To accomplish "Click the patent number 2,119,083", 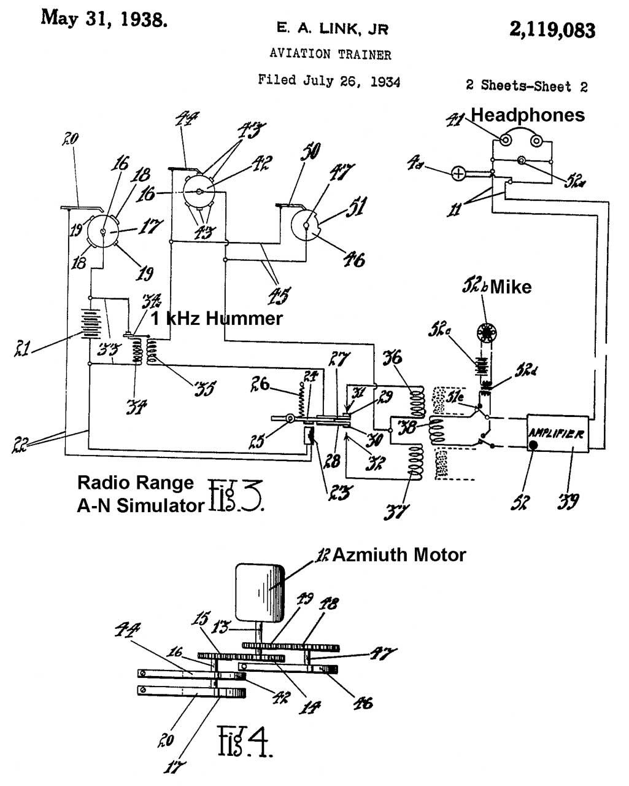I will [x=552, y=29].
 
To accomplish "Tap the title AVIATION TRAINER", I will [x=330, y=55].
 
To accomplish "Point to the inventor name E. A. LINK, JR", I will [x=332, y=29].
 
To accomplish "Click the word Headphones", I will [x=527, y=115].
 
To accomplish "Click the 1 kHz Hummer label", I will [x=217, y=318].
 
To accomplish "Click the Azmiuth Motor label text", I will [x=399, y=555].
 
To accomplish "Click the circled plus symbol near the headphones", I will [x=458, y=174].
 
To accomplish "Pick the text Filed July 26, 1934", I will [x=329, y=80].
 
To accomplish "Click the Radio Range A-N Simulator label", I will [x=140, y=494].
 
